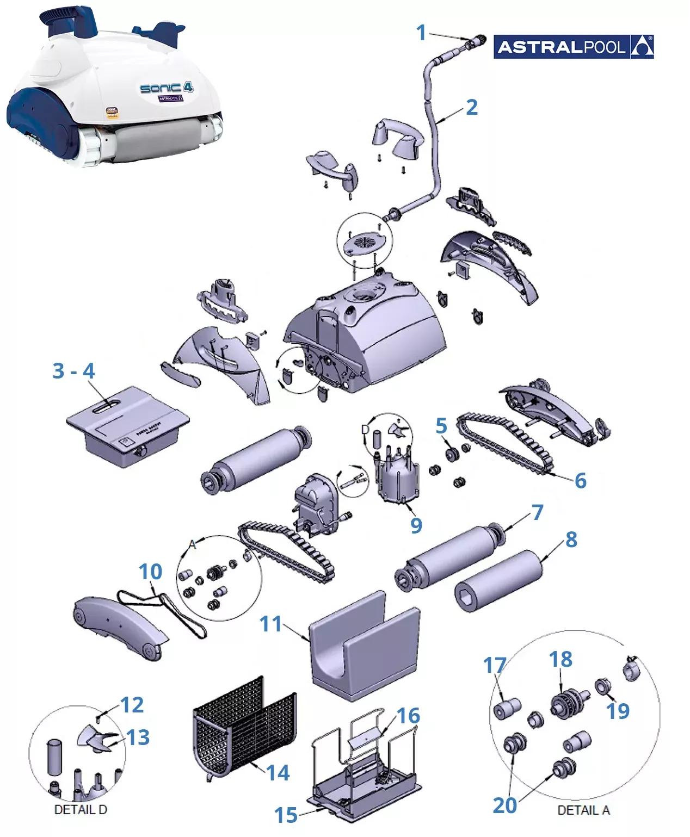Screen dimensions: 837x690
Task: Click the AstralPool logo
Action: point(573,47)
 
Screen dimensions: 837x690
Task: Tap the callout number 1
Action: point(421,33)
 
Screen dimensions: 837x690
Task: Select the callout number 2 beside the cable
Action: point(471,107)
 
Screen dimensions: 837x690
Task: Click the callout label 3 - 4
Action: point(73,371)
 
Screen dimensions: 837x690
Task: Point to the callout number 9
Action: point(416,525)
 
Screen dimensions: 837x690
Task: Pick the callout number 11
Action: point(270,624)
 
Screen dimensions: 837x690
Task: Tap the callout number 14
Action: point(278,772)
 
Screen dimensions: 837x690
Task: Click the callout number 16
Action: point(408,716)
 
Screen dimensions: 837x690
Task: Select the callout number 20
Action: point(504,805)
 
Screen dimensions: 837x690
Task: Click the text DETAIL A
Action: point(583,810)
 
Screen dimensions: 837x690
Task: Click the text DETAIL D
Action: point(81,810)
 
